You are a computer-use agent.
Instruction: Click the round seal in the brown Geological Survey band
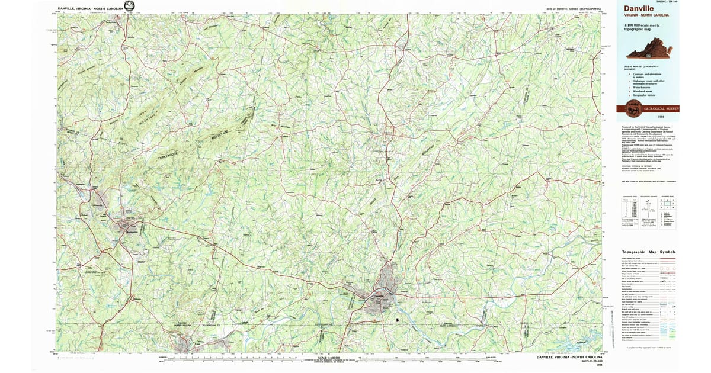[633, 108]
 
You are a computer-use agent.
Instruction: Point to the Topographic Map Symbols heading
[648, 252]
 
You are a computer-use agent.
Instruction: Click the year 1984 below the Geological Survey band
[670, 117]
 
